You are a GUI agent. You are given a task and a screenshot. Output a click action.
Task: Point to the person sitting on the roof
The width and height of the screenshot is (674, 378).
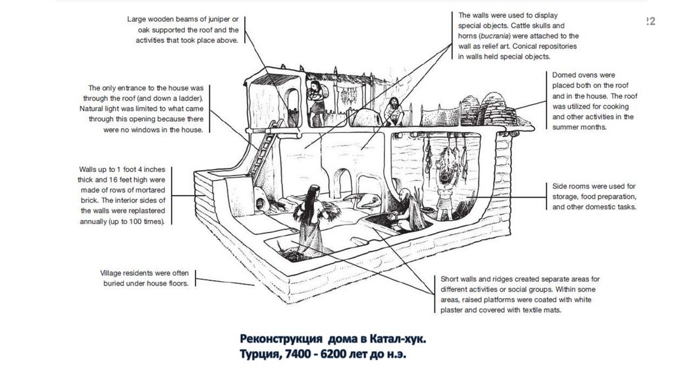click(x=392, y=110)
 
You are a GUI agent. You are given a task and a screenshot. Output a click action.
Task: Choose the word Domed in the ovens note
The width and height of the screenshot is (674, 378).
click(x=565, y=75)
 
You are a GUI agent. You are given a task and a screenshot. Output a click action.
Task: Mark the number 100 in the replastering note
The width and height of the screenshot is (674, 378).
click(x=146, y=221)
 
